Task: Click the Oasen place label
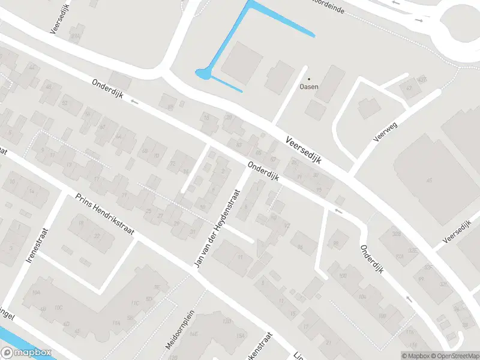[309, 86]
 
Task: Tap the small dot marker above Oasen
[310, 79]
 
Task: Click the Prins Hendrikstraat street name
[104, 214]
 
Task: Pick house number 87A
[74, 37]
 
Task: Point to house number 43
[410, 88]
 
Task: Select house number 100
[343, 276]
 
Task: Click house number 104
[362, 296]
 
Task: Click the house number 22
[96, 236]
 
